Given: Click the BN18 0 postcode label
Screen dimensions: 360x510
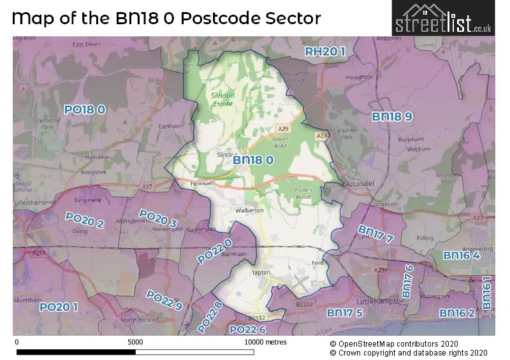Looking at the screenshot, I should pyautogui.click(x=253, y=161).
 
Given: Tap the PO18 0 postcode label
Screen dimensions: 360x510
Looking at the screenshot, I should pyautogui.click(x=84, y=110).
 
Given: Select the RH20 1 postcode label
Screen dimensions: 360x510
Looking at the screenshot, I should pyautogui.click(x=324, y=52).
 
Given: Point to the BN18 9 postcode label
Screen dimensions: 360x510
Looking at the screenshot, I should pyautogui.click(x=392, y=116).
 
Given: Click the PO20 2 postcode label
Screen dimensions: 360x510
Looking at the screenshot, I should pyautogui.click(x=85, y=220).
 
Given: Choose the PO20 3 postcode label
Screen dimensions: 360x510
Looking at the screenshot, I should pyautogui.click(x=157, y=219).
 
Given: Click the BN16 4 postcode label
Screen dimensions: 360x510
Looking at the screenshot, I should pyautogui.click(x=462, y=255).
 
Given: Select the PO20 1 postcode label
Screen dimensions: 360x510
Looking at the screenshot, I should pyautogui.click(x=59, y=307).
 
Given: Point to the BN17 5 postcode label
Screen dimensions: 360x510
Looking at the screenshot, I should pyautogui.click(x=345, y=313).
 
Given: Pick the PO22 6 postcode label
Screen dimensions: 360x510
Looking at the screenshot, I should pyautogui.click(x=247, y=329).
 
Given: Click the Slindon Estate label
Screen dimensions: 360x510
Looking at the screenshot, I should pyautogui.click(x=222, y=99).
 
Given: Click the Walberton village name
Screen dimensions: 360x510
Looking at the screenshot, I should pyautogui.click(x=231, y=210).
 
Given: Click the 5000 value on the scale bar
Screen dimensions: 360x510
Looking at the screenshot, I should pyautogui.click(x=135, y=342).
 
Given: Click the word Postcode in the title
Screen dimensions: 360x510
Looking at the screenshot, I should pyautogui.click(x=212, y=18).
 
